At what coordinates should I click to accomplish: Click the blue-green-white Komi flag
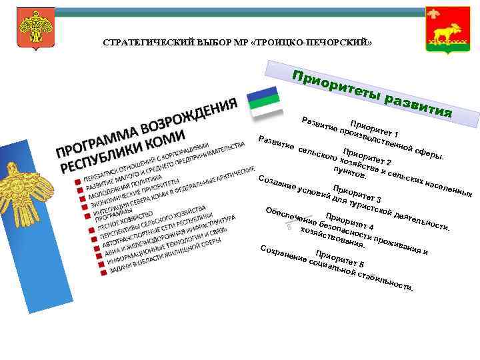(x=265, y=101)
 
